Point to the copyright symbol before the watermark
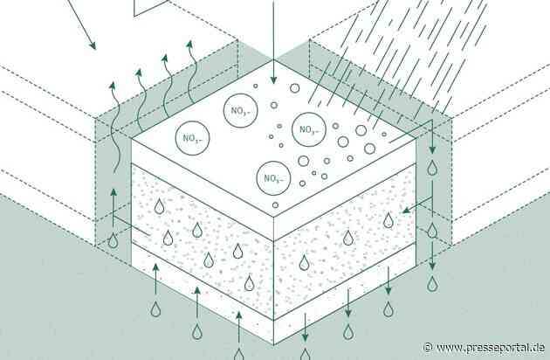tap(428, 348)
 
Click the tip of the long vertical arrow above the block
tap(273, 84)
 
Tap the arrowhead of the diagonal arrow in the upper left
tap(93, 45)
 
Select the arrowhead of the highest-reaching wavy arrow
tap(189, 45)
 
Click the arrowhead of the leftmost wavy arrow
tap(113, 86)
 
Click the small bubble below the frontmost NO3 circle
tap(275, 205)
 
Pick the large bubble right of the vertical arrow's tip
tap(295, 88)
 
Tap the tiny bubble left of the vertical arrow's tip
tap(255, 86)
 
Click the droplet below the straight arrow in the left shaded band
tap(113, 240)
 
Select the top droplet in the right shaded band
tap(432, 168)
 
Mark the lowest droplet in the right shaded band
tap(432, 284)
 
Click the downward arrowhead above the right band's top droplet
tap(432, 149)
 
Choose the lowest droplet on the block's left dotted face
tap(249, 283)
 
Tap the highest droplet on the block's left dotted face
tap(159, 206)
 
